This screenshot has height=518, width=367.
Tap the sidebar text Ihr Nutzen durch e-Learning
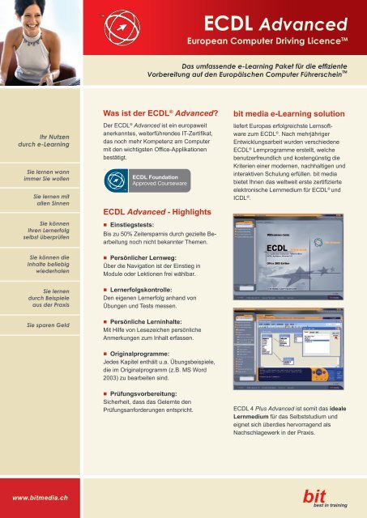42,141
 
